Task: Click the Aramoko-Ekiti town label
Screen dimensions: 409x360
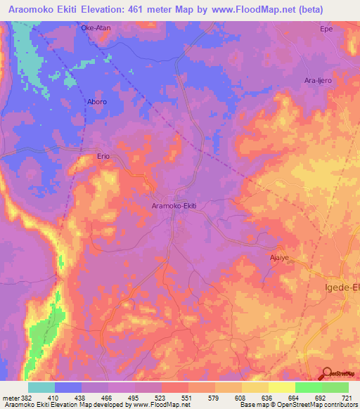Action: click(x=174, y=206)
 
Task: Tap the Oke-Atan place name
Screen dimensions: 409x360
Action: click(x=96, y=28)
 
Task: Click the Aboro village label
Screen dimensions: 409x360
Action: click(x=78, y=102)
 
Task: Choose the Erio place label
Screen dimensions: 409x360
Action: click(x=104, y=158)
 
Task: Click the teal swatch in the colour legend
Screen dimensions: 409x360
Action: click(x=41, y=387)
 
